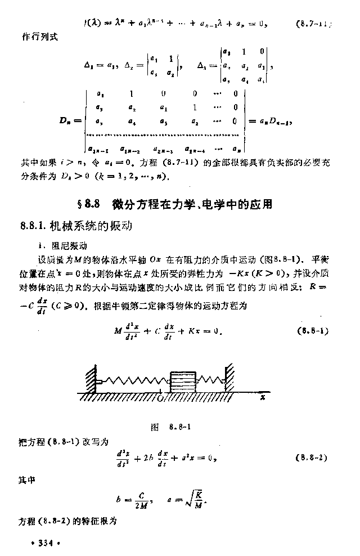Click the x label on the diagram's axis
(263, 396)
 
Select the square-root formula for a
(188, 497)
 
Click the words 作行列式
(39, 37)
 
